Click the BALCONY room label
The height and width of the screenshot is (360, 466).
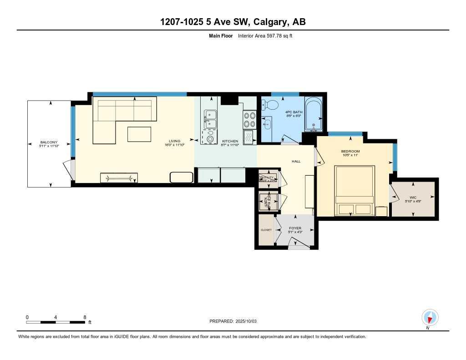[x=49, y=142]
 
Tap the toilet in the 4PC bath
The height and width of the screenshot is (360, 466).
[x=272, y=105]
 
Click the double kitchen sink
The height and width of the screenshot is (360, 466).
[x=210, y=119]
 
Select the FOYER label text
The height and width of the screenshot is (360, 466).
[x=295, y=228]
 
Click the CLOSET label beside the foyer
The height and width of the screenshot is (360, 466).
[x=266, y=230]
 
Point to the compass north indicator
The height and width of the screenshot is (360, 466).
[x=430, y=317]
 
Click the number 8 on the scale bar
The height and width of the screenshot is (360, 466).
[x=85, y=317]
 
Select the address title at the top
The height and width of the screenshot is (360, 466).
[x=233, y=22]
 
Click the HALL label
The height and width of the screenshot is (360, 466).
[x=296, y=161]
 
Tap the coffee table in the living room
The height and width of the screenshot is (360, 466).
[x=139, y=134]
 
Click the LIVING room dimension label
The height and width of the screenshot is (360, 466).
[x=172, y=146]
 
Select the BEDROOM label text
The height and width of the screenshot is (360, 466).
[x=350, y=151]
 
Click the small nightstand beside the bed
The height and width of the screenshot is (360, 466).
[x=381, y=211]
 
